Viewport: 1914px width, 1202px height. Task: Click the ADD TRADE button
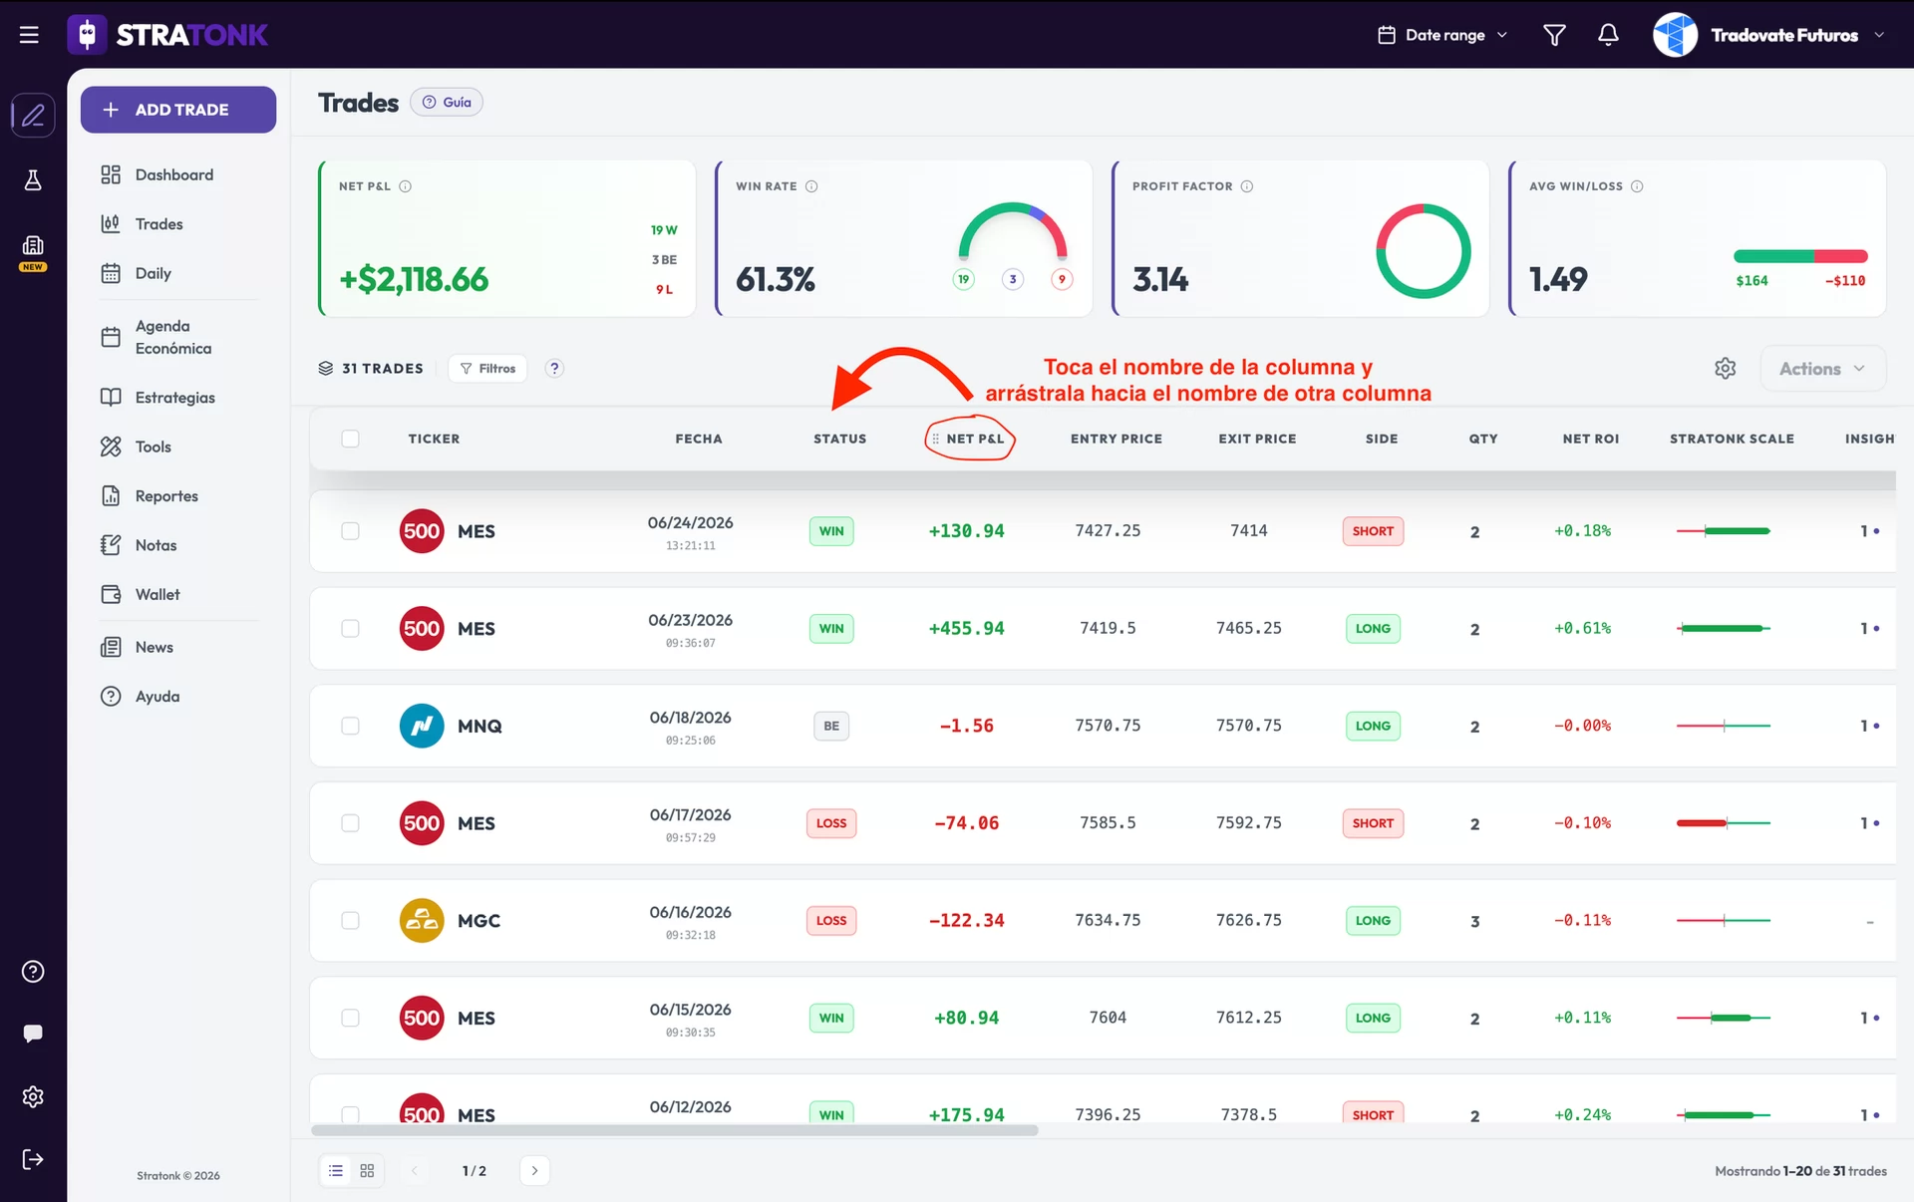click(178, 110)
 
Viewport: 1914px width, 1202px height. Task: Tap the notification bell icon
click(1608, 35)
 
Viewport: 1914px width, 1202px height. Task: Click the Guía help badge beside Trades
click(447, 103)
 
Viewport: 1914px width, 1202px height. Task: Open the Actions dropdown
click(1822, 369)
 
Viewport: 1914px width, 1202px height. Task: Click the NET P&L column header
click(975, 439)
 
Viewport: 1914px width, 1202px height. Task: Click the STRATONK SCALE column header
click(1732, 439)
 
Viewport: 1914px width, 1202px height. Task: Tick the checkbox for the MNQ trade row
click(350, 726)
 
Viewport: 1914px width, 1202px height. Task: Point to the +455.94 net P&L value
click(966, 628)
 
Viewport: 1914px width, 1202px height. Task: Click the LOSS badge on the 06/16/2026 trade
click(831, 920)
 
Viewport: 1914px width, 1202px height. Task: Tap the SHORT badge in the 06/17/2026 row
click(1373, 823)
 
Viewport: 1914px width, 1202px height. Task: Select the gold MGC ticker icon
click(422, 920)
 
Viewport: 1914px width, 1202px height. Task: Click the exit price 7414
click(1248, 530)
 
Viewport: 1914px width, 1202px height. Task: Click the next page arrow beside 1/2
click(534, 1170)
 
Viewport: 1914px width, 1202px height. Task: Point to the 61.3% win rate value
click(776, 279)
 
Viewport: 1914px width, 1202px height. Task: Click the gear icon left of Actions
click(1726, 369)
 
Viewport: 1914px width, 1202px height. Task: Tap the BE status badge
click(831, 726)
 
